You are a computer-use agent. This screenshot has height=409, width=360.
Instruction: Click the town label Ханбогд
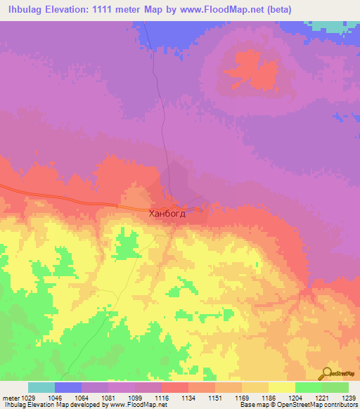pyautogui.click(x=167, y=214)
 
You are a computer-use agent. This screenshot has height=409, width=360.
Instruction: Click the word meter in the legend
pyautogui.click(x=11, y=398)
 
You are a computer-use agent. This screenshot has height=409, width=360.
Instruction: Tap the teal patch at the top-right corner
pyautogui.click(x=334, y=25)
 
